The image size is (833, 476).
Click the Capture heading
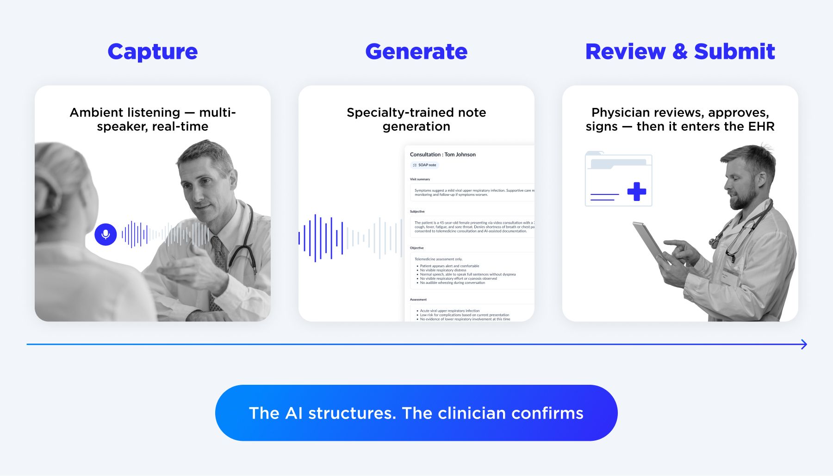click(152, 51)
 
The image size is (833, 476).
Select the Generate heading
click(416, 51)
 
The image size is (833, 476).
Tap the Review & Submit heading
click(680, 51)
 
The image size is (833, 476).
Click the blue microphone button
click(106, 234)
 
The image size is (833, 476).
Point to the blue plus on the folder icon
click(636, 191)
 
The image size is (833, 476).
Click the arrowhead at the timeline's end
click(804, 344)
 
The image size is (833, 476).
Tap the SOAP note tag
click(424, 165)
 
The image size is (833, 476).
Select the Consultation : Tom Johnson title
click(442, 155)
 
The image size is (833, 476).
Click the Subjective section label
click(417, 212)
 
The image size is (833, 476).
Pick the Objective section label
click(416, 248)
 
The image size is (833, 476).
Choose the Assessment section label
click(418, 300)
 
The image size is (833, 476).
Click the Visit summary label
click(420, 179)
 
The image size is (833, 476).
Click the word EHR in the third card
click(761, 126)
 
